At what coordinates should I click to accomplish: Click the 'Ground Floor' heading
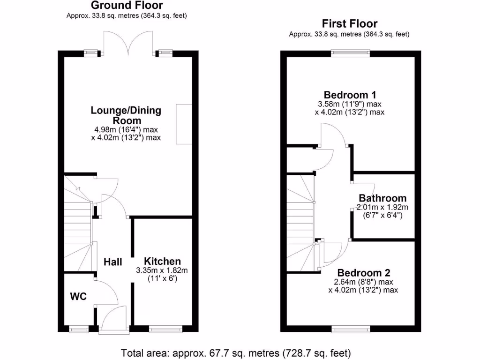(127, 6)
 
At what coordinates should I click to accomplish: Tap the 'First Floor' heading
(349, 23)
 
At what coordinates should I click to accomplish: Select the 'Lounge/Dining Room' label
(126, 115)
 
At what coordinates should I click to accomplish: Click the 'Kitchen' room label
(162, 261)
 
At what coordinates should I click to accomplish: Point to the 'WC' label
(78, 296)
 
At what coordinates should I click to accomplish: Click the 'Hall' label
(113, 262)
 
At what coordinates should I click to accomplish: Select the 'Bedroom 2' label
(364, 272)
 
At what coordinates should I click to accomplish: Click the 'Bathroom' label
(382, 198)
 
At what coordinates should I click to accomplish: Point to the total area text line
(236, 352)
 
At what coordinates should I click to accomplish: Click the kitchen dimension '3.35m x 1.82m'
(162, 270)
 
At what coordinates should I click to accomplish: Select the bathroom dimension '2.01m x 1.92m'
(382, 208)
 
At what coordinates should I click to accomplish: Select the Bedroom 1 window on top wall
(350, 53)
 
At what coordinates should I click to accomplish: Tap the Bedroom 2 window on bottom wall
(350, 329)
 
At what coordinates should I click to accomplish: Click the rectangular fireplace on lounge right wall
(184, 124)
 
